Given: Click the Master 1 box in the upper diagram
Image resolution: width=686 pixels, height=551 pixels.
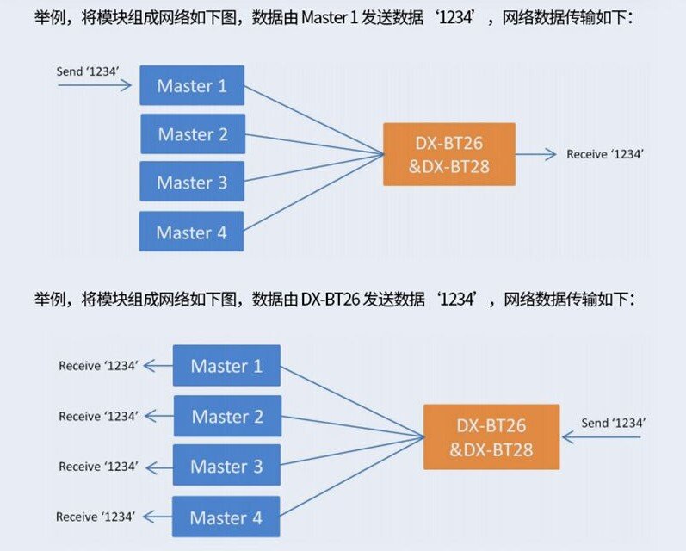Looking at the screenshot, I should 192,86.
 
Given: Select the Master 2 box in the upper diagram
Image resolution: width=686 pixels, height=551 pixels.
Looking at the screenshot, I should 192,134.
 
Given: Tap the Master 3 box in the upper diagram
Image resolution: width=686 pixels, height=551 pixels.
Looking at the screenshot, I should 191,183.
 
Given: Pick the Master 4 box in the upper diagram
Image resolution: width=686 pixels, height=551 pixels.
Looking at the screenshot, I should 191,232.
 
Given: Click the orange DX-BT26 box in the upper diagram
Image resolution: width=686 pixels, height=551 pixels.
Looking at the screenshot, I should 448,155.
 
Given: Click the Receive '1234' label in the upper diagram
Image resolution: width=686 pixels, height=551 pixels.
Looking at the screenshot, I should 605,154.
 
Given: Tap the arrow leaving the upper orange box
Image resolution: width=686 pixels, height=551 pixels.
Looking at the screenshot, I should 537,155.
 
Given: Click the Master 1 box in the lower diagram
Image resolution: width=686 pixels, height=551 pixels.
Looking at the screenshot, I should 226,366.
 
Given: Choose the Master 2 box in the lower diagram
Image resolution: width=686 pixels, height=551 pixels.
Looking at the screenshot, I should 226,417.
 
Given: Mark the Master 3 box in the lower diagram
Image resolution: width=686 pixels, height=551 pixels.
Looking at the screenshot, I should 226,467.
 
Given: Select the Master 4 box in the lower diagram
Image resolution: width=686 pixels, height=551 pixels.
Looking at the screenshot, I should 226,517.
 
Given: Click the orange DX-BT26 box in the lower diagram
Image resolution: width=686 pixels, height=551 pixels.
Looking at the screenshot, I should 491,437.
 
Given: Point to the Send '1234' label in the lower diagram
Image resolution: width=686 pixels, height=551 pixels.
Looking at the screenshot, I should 613,423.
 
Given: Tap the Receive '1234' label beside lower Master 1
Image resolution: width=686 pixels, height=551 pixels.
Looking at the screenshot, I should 97,366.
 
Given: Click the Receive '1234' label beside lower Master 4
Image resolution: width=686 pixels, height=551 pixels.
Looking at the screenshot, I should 95,517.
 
